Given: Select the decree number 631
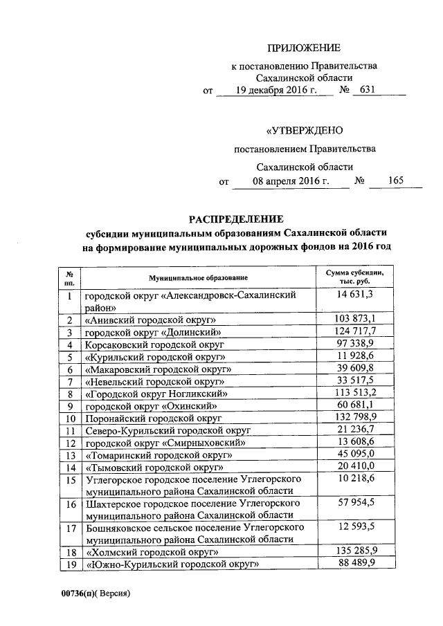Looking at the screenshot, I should [x=366, y=90].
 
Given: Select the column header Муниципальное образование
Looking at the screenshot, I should [x=198, y=277].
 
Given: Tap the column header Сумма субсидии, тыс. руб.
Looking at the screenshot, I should [x=354, y=277].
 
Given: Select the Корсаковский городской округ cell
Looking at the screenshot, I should [x=151, y=344].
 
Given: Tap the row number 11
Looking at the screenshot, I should [x=70, y=430].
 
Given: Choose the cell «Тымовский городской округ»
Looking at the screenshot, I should [x=152, y=467].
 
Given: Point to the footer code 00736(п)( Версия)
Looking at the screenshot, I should [x=95, y=593].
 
